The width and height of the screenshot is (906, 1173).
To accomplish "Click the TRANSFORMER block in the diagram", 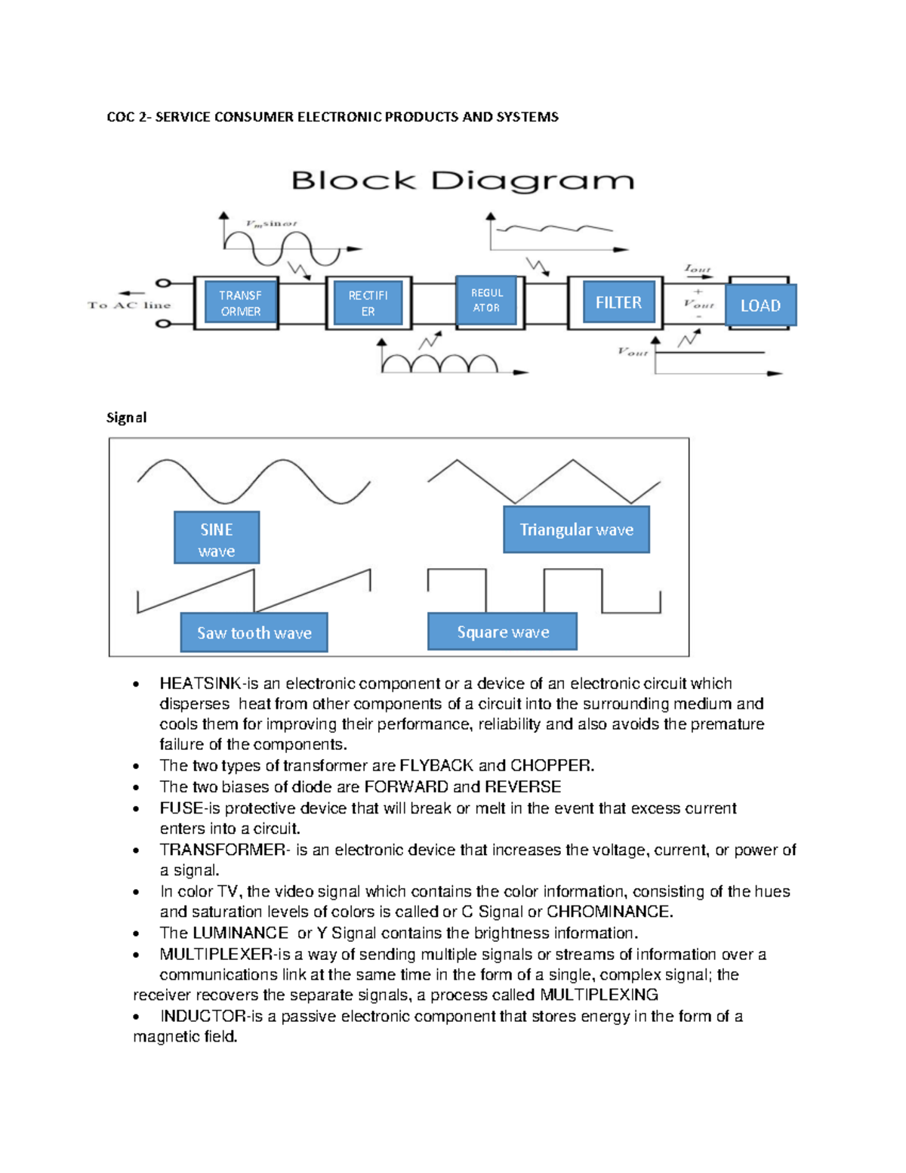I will (x=240, y=303).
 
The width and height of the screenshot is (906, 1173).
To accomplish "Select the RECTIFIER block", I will (x=368, y=303).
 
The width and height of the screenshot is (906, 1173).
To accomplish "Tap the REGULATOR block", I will (x=486, y=300).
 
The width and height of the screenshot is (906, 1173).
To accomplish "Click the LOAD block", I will (x=760, y=305).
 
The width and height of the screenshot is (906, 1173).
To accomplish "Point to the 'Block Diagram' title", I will (x=462, y=181).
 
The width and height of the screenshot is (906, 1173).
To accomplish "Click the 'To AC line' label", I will (x=129, y=305).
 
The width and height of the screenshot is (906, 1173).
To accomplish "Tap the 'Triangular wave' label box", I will (x=576, y=530).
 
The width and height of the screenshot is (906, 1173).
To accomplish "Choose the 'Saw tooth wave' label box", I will (x=254, y=633).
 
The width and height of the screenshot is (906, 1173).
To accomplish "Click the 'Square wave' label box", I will (x=503, y=632).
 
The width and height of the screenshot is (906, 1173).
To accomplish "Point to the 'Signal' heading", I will (x=126, y=418).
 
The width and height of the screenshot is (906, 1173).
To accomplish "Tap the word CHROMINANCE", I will (x=609, y=912).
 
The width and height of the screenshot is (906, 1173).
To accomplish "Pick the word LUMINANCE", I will (x=240, y=933).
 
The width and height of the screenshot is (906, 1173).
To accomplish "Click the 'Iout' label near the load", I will (x=697, y=268).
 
